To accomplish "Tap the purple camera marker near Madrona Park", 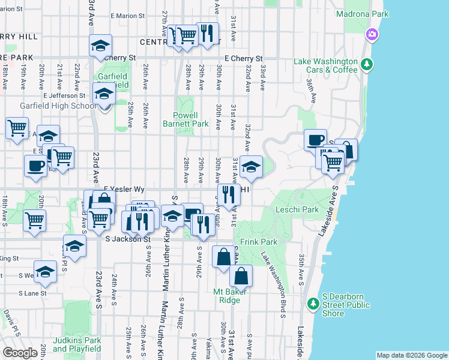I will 373,34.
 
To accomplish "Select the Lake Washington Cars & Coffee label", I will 325,65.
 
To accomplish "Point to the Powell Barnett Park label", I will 185,119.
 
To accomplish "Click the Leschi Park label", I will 297,210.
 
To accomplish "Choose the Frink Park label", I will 258,242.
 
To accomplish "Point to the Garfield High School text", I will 48,106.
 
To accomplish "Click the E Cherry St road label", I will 243,59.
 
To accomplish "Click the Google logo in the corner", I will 20,353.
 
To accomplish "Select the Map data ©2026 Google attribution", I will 412,355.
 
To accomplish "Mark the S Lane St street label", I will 32,293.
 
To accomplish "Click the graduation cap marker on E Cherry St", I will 100,46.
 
